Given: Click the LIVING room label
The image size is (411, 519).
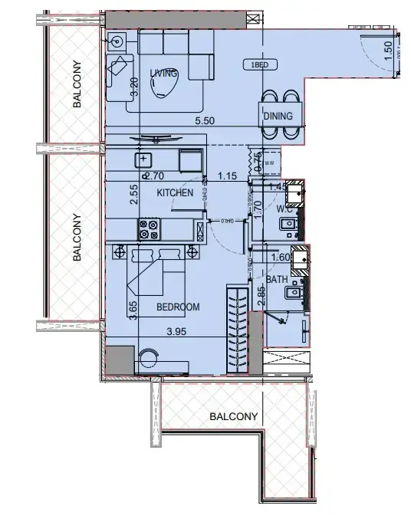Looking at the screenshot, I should [x=164, y=73].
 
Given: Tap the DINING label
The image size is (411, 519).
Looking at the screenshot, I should [x=278, y=116].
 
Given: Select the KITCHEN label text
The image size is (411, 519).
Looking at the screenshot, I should [x=175, y=193].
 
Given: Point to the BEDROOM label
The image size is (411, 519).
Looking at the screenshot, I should [x=178, y=307].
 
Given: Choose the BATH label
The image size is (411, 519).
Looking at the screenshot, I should [x=288, y=281].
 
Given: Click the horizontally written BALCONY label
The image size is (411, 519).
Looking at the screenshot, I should [x=232, y=417].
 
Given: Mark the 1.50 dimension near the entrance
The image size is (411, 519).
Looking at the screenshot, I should [x=388, y=51].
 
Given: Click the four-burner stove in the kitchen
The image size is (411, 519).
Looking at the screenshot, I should [x=148, y=229].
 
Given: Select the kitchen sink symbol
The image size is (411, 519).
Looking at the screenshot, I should [x=143, y=159].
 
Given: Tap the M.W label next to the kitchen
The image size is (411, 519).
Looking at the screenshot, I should [x=269, y=163].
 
